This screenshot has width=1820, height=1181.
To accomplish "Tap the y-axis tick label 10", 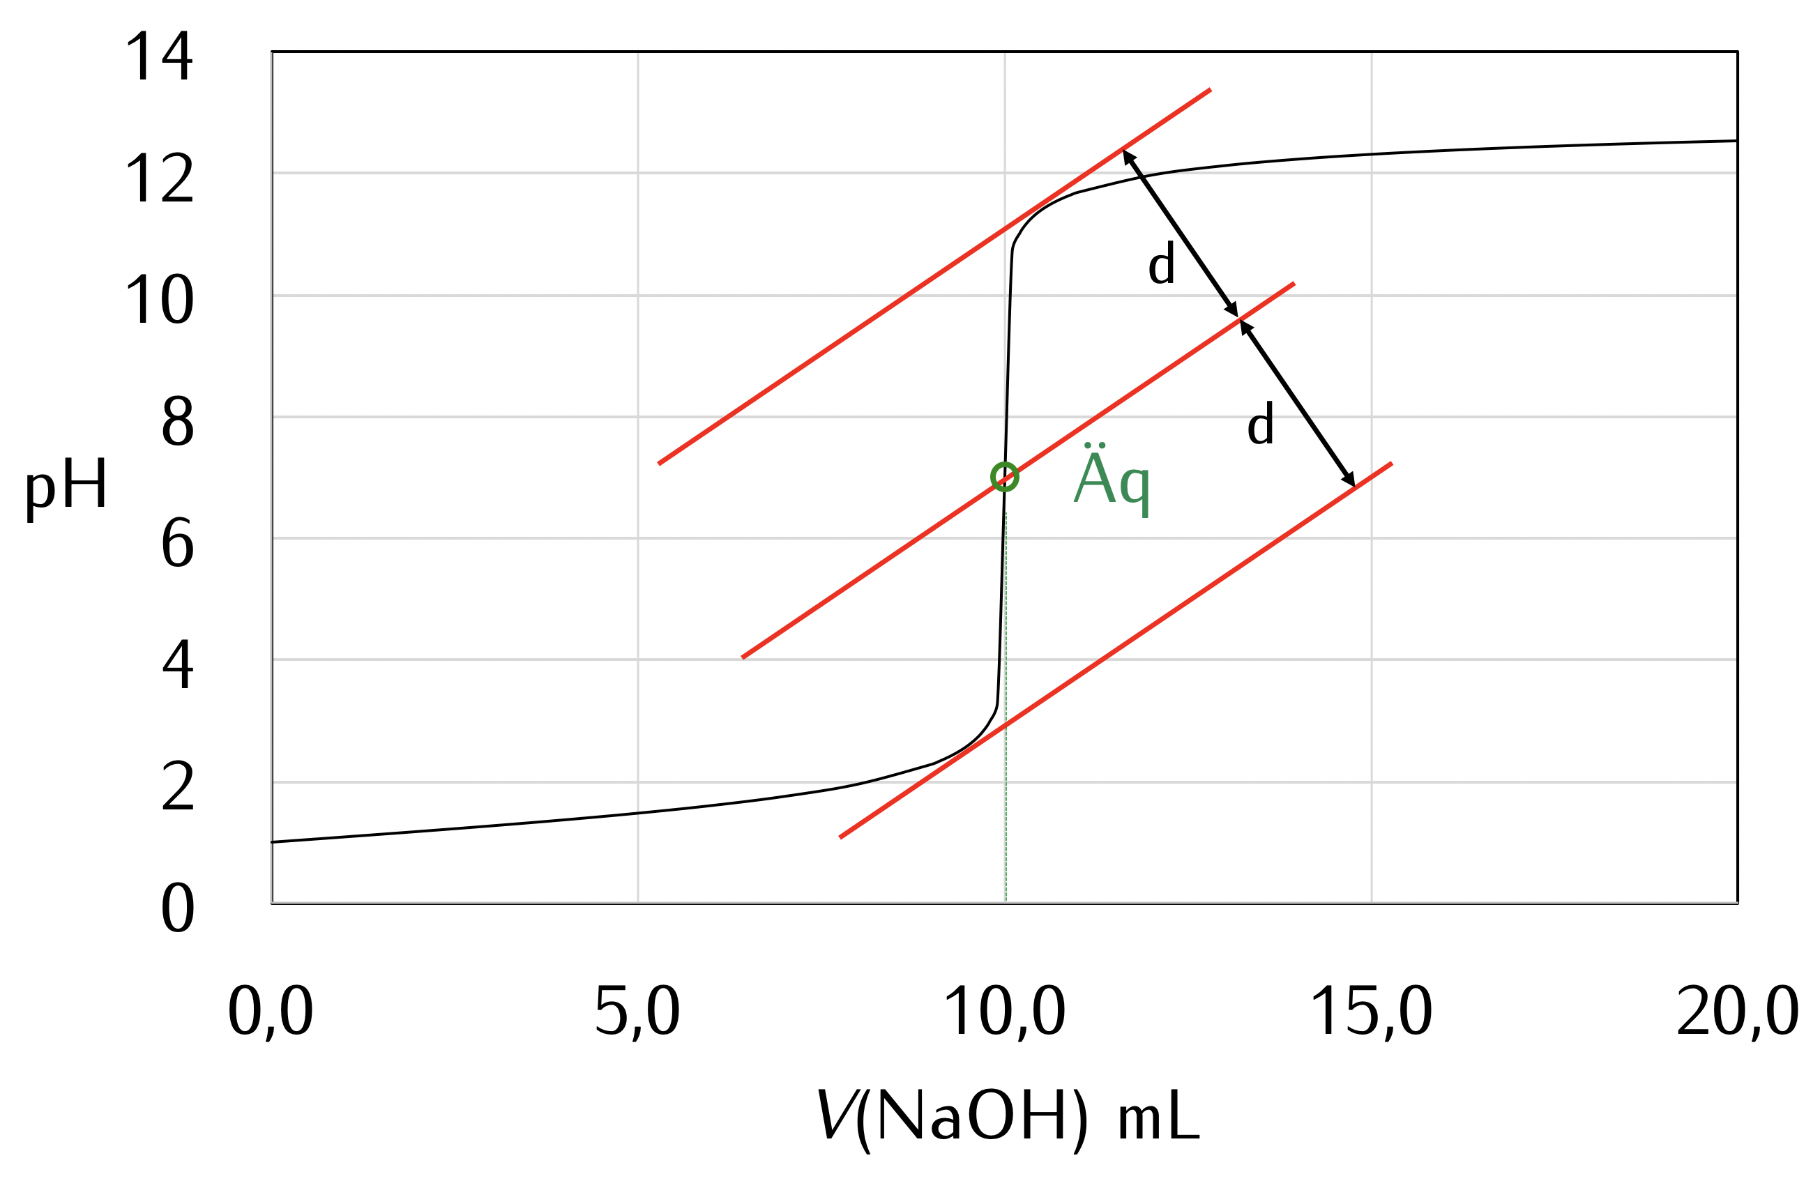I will [x=159, y=300].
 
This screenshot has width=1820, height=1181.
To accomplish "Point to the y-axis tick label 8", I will [x=177, y=421].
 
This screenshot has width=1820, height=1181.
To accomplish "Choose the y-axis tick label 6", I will [x=177, y=544].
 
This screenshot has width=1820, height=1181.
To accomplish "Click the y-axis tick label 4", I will [x=177, y=664].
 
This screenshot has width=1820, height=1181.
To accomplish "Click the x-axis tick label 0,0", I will [x=271, y=1012].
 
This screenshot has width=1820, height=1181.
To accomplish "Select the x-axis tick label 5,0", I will [x=637, y=1012].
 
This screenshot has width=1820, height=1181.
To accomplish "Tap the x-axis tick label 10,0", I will [x=1005, y=1012].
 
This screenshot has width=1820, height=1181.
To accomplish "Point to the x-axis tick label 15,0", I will [x=1371, y=1012].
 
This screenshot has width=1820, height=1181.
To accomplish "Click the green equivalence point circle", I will [x=1005, y=477].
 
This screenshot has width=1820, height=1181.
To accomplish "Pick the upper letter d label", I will [x=1162, y=264].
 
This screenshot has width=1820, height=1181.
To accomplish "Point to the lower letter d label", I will [x=1260, y=425].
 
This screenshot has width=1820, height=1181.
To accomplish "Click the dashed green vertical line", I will [x=1006, y=726].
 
